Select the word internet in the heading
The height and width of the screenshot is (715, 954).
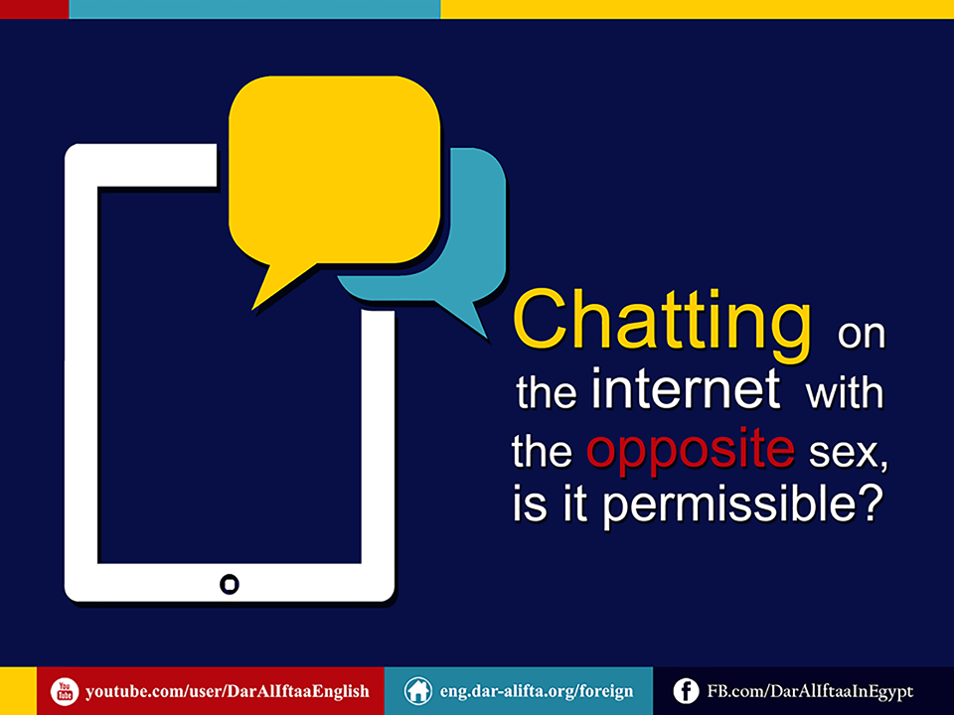(x=685, y=388)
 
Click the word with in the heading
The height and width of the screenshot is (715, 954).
(x=844, y=391)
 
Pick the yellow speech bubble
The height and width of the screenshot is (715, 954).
(x=334, y=172)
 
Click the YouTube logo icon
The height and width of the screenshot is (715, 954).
(x=65, y=692)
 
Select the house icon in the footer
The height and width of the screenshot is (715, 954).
(x=418, y=691)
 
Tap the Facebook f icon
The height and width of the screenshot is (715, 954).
(x=687, y=691)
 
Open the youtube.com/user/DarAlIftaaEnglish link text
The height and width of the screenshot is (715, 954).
(x=227, y=692)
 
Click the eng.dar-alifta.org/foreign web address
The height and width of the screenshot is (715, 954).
(x=536, y=692)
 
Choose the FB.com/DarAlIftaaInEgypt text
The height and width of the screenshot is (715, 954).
(x=810, y=692)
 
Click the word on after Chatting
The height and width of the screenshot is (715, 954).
(x=861, y=335)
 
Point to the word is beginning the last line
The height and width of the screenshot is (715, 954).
(x=530, y=503)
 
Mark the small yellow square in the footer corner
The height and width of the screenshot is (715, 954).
(x=18, y=691)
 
